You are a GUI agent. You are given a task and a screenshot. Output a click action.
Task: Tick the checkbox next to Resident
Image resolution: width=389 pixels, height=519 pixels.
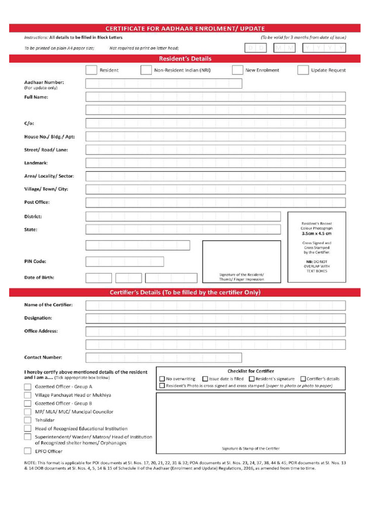coord(91,70)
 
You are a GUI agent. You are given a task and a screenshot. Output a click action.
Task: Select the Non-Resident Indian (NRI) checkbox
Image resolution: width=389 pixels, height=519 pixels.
coord(146,70)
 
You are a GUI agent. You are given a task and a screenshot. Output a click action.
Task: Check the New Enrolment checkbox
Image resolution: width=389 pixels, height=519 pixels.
coord(237,70)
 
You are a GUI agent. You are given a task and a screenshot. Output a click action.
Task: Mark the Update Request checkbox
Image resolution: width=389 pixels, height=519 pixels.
coord(303,70)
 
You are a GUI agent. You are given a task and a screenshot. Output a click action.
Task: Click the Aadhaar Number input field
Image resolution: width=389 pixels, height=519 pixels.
coord(164,84)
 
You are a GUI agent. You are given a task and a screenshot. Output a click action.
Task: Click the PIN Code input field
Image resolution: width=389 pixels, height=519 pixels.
coord(125,262)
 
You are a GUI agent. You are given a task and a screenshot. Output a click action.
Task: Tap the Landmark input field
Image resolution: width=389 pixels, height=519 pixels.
coord(215,163)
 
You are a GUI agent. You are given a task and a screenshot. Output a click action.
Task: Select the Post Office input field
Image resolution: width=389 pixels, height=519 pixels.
coord(215,203)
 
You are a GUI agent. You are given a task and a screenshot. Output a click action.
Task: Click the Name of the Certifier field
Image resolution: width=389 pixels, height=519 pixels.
coord(215,305)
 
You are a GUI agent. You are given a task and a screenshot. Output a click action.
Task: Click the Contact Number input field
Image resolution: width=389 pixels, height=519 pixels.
coord(164,357)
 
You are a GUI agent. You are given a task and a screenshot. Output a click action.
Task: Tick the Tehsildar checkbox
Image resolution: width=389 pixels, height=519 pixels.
coord(27,420)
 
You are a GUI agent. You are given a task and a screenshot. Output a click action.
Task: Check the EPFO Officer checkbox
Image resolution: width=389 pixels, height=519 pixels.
coord(27,451)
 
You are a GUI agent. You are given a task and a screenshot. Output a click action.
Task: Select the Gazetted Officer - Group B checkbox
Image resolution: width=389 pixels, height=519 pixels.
coord(27,403)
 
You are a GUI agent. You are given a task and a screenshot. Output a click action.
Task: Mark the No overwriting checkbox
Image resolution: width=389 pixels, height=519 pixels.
coord(162,379)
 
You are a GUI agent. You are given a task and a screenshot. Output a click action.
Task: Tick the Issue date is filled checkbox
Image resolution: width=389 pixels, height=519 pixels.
coord(205,379)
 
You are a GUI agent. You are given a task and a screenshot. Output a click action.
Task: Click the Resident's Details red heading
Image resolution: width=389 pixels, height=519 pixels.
coord(185,59)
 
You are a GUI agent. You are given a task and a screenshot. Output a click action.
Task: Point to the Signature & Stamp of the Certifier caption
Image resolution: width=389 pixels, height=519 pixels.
coord(250,449)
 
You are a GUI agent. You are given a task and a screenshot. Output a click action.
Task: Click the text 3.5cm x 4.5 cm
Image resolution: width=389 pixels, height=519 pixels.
coord(317,234)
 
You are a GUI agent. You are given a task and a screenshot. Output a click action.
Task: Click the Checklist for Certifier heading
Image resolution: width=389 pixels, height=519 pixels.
coord(251,371)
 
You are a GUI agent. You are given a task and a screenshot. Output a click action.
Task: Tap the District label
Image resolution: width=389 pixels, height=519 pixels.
coord(33,216)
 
